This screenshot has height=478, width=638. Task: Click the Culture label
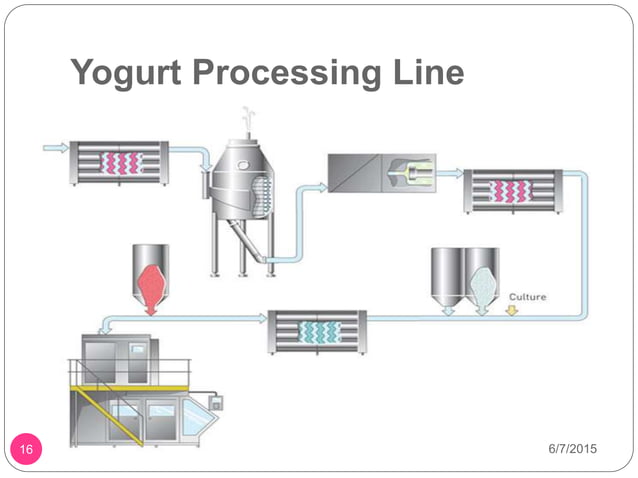(x=526, y=297)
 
